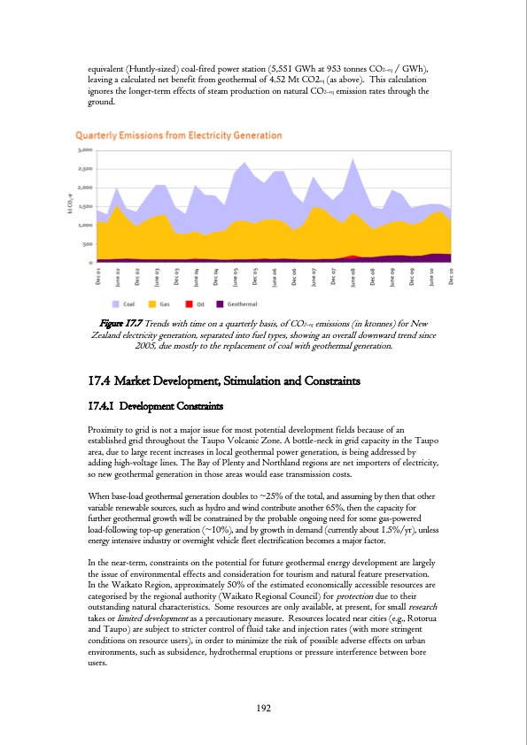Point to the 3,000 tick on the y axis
pos(85,150)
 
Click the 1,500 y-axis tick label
pos(85,206)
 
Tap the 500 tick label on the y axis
pos(87,243)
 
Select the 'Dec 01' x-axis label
pos(98,276)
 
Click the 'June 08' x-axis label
pos(353,276)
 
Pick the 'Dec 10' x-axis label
pos(452,276)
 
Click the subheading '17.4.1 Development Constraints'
pos(155,405)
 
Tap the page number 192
pos(263,707)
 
